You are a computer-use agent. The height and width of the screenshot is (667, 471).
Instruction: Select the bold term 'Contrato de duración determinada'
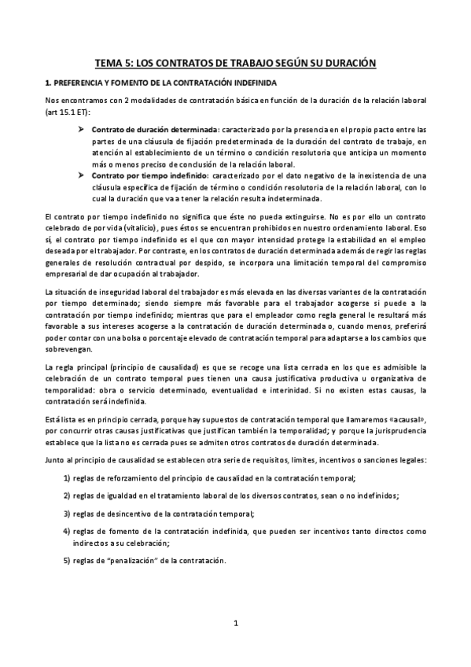(155, 129)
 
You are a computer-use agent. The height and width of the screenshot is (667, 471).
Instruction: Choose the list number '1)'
(67, 479)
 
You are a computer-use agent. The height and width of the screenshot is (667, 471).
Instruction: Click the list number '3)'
(67, 513)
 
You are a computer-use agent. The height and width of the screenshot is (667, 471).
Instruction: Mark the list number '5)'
(67, 561)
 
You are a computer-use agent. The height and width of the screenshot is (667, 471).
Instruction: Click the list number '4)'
(67, 531)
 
